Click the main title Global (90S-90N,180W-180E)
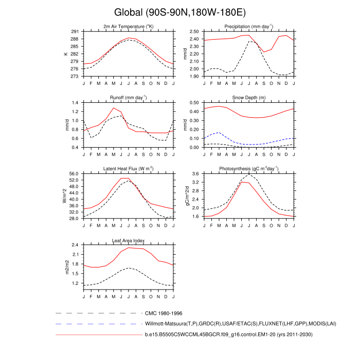click(x=179, y=12)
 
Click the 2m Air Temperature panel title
click(x=129, y=26)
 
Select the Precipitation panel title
click(x=249, y=26)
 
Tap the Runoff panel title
click(x=129, y=97)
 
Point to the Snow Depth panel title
click(x=249, y=97)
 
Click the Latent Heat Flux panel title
click(x=129, y=169)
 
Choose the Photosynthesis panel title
click(x=249, y=169)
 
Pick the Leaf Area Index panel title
click(x=129, y=240)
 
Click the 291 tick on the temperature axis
click(x=75, y=31)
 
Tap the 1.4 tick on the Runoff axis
click(x=76, y=103)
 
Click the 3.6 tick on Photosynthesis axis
click(x=195, y=174)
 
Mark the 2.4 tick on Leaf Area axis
click(x=76, y=245)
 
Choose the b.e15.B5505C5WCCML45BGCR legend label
click(x=229, y=335)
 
